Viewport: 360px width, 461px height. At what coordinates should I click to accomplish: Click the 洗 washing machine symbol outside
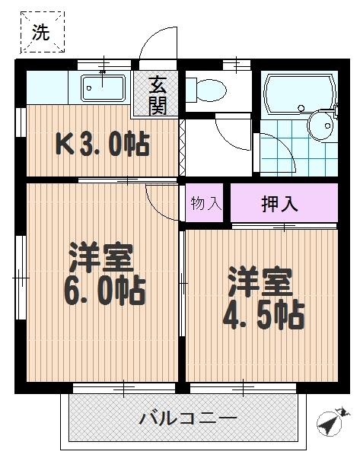coord(41,32)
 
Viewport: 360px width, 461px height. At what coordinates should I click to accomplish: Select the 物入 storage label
coord(205,203)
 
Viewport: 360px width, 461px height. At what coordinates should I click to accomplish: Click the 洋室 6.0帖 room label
coord(100,274)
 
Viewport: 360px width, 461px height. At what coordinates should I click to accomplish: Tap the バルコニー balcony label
coord(187,418)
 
